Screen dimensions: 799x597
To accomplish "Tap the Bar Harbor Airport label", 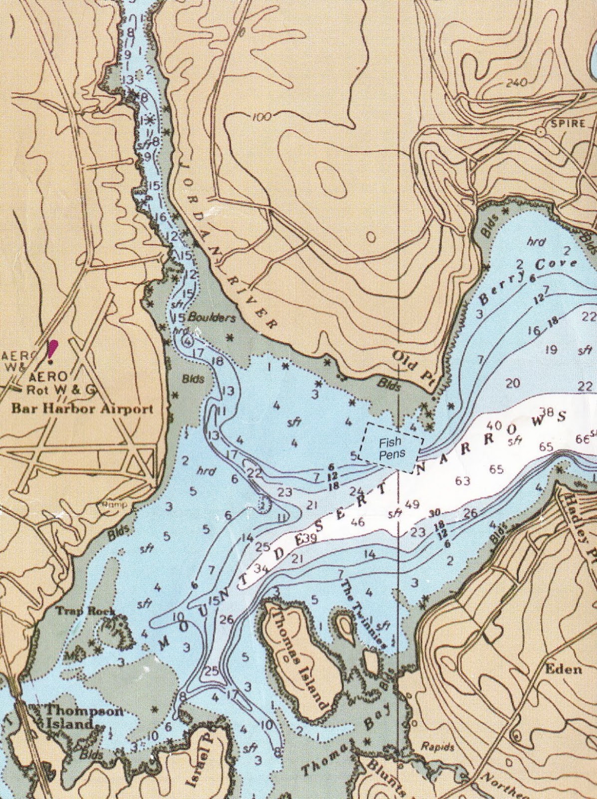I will tap(82, 409).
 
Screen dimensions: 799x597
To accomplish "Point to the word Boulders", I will tap(219, 318).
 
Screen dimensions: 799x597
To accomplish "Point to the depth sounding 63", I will tap(463, 481).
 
